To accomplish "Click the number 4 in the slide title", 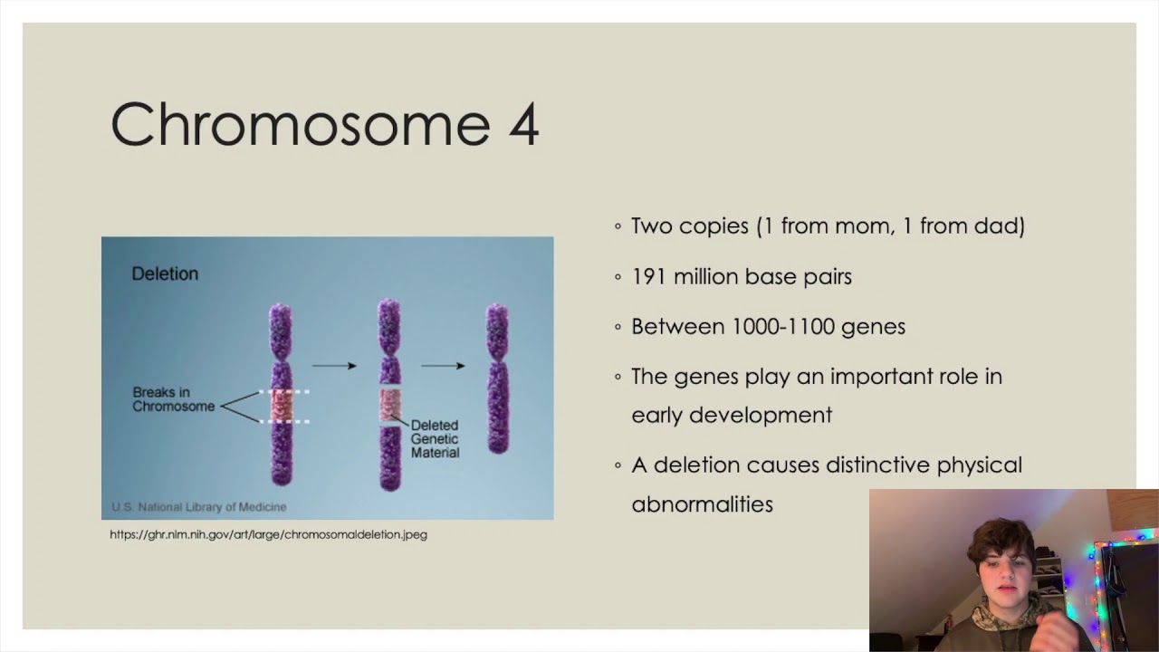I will click(x=523, y=124).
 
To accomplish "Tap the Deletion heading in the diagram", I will click(x=165, y=273).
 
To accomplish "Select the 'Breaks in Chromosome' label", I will click(x=173, y=399).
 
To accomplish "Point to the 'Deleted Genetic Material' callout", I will click(x=435, y=438).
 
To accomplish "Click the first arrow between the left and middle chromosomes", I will click(x=334, y=366).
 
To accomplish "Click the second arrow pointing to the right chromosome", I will click(x=443, y=366).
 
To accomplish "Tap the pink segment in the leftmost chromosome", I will click(x=282, y=406).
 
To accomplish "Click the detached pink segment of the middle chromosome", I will click(x=389, y=405).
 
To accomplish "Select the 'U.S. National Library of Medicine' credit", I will click(x=198, y=507).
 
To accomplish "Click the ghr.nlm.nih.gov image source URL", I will click(x=268, y=534).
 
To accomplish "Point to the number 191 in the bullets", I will click(x=648, y=276).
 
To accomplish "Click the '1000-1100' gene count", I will click(x=781, y=326).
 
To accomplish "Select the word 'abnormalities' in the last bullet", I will click(x=702, y=504).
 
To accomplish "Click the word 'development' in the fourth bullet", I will click(x=760, y=415).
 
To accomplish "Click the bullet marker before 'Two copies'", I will click(x=618, y=226).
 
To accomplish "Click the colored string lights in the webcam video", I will click(x=1099, y=580).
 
